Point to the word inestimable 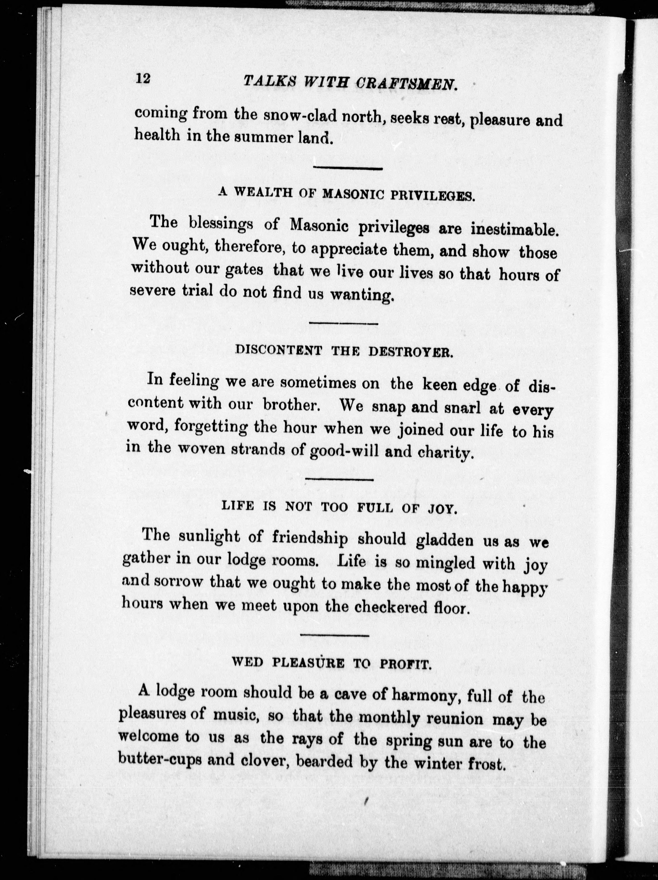pos(513,230)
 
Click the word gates pos(244,270)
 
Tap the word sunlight pos(208,537)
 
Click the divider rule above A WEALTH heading pos(348,168)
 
